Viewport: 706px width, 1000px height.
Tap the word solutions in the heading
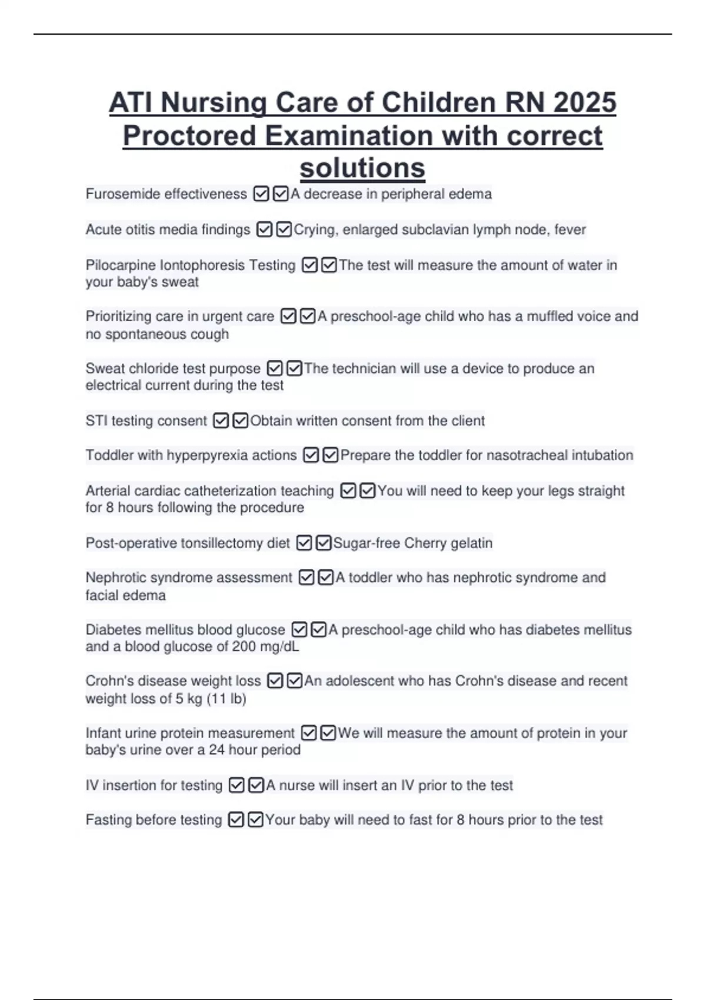(362, 168)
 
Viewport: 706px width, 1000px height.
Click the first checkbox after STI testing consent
(221, 421)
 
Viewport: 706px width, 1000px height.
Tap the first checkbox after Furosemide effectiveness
(261, 194)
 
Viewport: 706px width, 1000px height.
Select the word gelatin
(471, 543)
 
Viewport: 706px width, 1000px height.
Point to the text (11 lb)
(227, 699)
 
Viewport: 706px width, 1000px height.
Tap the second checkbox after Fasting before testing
(255, 820)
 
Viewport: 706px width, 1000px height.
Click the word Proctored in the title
(189, 136)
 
